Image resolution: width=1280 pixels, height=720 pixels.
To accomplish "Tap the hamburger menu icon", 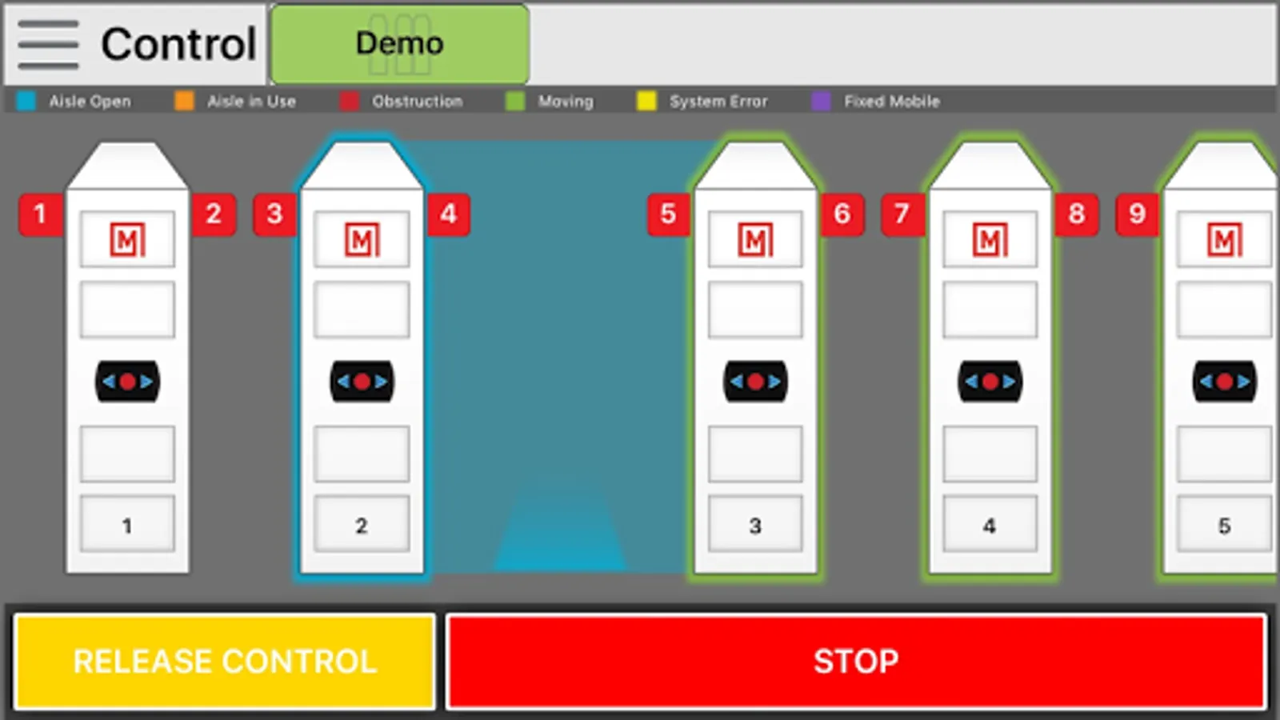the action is point(48,45).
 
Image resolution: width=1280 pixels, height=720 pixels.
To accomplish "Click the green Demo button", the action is point(400,44).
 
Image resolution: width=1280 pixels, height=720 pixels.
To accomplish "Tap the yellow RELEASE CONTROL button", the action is point(225,662).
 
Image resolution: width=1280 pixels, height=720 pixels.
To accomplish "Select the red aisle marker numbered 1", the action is point(40,215).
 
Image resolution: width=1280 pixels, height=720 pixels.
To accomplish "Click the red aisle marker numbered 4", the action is point(449,215).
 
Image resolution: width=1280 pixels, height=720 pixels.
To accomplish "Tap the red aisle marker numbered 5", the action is point(669,215).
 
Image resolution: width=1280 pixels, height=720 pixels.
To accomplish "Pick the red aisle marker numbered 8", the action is point(1077,215).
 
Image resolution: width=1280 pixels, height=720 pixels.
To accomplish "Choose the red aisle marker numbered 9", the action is point(1137,215).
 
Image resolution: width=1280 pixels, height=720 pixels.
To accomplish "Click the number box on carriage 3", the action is point(755,524).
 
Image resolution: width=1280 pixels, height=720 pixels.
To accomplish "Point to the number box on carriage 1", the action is point(127,524).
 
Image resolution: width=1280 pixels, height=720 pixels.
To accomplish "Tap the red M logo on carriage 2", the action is point(362,239).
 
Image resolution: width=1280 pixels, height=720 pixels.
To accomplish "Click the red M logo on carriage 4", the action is point(990,239).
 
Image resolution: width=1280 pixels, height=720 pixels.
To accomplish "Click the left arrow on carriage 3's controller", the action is point(737,382).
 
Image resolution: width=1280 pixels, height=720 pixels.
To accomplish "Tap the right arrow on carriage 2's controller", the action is point(381,382).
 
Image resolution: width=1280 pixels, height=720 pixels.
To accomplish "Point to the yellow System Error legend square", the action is point(646,101).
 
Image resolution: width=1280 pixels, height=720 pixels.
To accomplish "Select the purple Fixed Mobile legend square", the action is point(821,101).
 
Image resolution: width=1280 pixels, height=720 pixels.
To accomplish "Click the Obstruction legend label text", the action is point(417,102).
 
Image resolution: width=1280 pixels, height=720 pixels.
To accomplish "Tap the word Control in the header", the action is point(178,44).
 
